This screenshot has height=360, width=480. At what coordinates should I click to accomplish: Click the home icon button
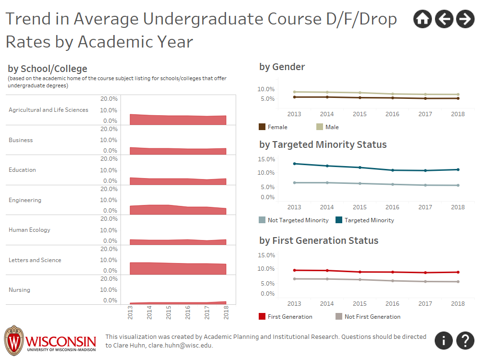[x=422, y=19]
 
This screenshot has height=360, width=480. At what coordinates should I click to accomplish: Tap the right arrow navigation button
[x=465, y=19]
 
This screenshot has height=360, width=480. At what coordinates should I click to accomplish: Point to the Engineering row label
[x=25, y=200]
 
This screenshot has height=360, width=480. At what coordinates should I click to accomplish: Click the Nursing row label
[x=19, y=290]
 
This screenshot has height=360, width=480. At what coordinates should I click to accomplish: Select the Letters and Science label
[x=35, y=260]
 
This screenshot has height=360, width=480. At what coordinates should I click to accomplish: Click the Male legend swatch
[x=320, y=127]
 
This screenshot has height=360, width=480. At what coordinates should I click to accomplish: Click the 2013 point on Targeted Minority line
[x=294, y=164]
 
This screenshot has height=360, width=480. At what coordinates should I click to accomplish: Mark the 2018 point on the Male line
[x=458, y=95]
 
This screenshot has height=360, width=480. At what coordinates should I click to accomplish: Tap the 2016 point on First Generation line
[x=393, y=272]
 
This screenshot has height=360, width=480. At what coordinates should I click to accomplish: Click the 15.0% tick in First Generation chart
[x=266, y=255]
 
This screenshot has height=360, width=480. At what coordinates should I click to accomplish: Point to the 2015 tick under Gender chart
[x=360, y=114]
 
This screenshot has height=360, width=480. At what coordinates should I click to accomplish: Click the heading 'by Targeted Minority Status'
[x=323, y=144]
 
